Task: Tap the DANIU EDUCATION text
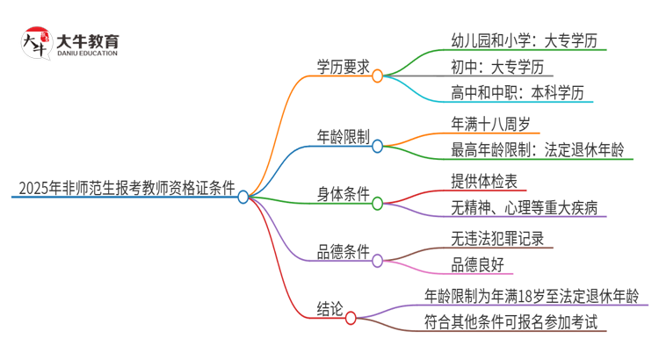88,54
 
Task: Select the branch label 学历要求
343,67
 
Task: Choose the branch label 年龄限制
343,136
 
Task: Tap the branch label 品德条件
343,251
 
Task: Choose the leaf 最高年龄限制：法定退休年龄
536,149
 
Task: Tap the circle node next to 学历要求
378,76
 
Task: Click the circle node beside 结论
351,316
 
